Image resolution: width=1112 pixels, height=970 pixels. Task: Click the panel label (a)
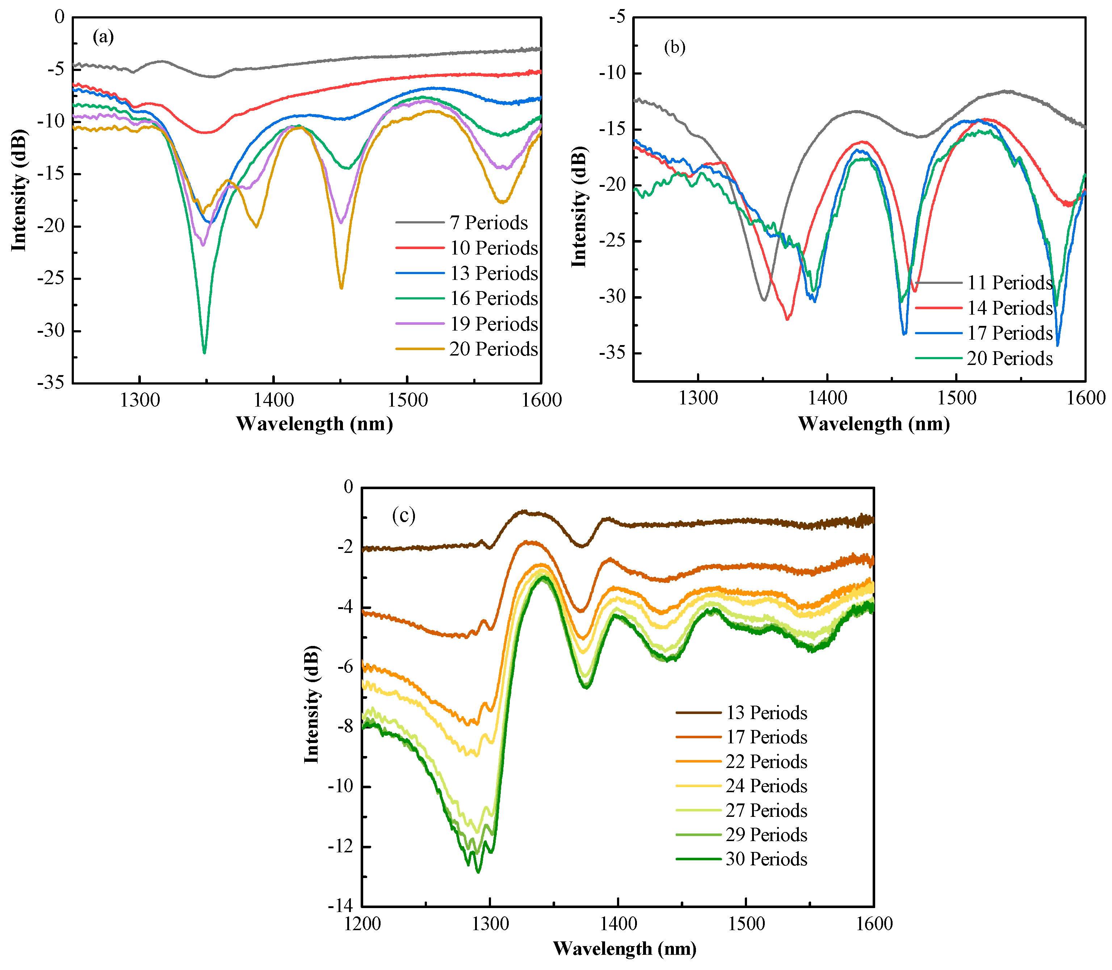coord(103,37)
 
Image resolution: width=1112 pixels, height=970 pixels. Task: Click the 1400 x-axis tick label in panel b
coord(827,398)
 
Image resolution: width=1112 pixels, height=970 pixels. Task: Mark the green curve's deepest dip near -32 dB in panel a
coord(204,352)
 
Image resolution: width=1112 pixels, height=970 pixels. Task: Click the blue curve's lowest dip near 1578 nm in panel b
coord(1057,345)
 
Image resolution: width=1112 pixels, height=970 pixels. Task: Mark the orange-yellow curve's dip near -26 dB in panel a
coord(341,287)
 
